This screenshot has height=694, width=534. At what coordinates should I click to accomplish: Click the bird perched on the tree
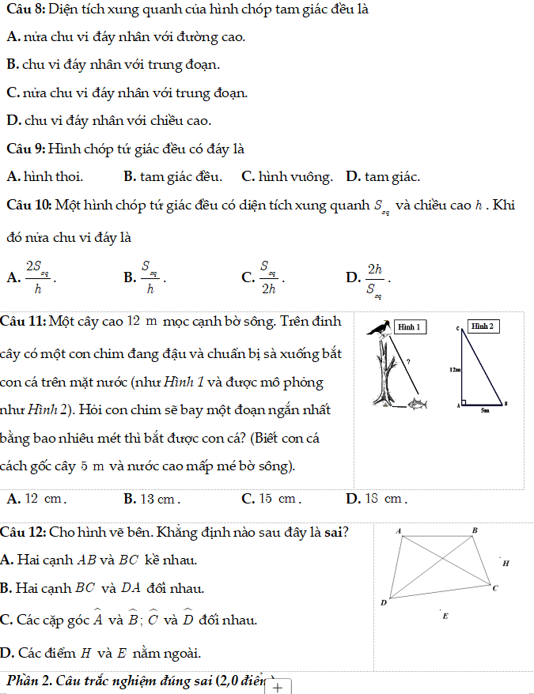(x=382, y=328)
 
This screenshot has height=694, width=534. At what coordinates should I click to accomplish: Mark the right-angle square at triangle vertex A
(x=465, y=402)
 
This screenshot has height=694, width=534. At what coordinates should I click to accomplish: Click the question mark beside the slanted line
(x=407, y=360)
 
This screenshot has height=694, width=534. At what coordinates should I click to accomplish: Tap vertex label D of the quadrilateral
(x=384, y=602)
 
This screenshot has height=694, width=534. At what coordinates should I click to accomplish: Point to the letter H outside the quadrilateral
(x=506, y=564)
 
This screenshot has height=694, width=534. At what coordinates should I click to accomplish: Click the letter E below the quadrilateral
(x=445, y=615)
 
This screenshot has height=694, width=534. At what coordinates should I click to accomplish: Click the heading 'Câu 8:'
(x=25, y=10)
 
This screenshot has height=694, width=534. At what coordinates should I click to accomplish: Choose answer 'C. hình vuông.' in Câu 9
(x=286, y=176)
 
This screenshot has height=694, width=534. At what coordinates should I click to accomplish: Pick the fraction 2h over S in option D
(x=374, y=278)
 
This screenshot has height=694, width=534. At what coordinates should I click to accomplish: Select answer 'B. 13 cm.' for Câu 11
(x=153, y=499)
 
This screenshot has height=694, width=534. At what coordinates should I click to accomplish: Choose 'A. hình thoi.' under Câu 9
(x=44, y=176)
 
